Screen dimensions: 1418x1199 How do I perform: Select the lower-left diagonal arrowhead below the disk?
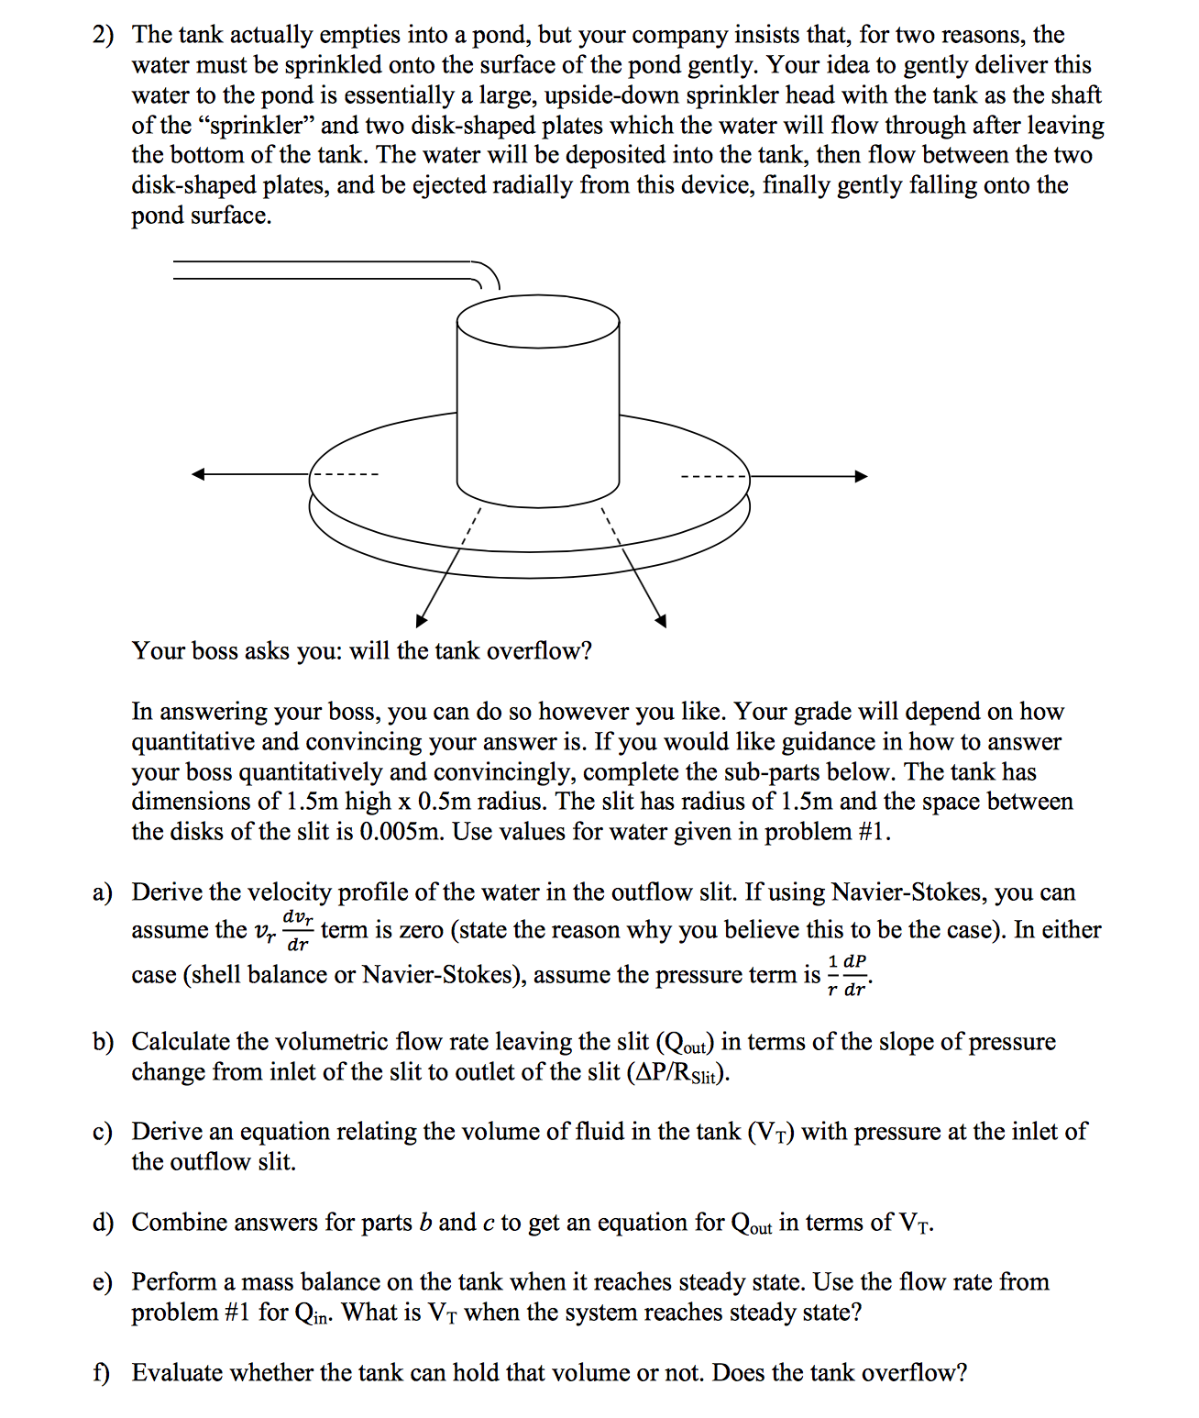click(422, 621)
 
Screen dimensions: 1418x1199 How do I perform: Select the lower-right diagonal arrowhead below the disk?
click(660, 621)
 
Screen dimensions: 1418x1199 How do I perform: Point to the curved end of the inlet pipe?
click(488, 274)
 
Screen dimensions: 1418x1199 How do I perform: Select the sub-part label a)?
click(103, 892)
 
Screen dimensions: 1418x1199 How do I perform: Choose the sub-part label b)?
click(103, 1042)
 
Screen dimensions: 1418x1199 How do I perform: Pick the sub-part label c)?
click(103, 1132)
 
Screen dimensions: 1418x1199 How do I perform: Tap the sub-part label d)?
click(103, 1223)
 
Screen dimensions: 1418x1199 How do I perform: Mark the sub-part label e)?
click(103, 1282)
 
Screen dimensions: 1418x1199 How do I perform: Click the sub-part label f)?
click(101, 1373)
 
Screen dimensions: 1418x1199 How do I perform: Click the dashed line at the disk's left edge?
click(345, 474)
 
